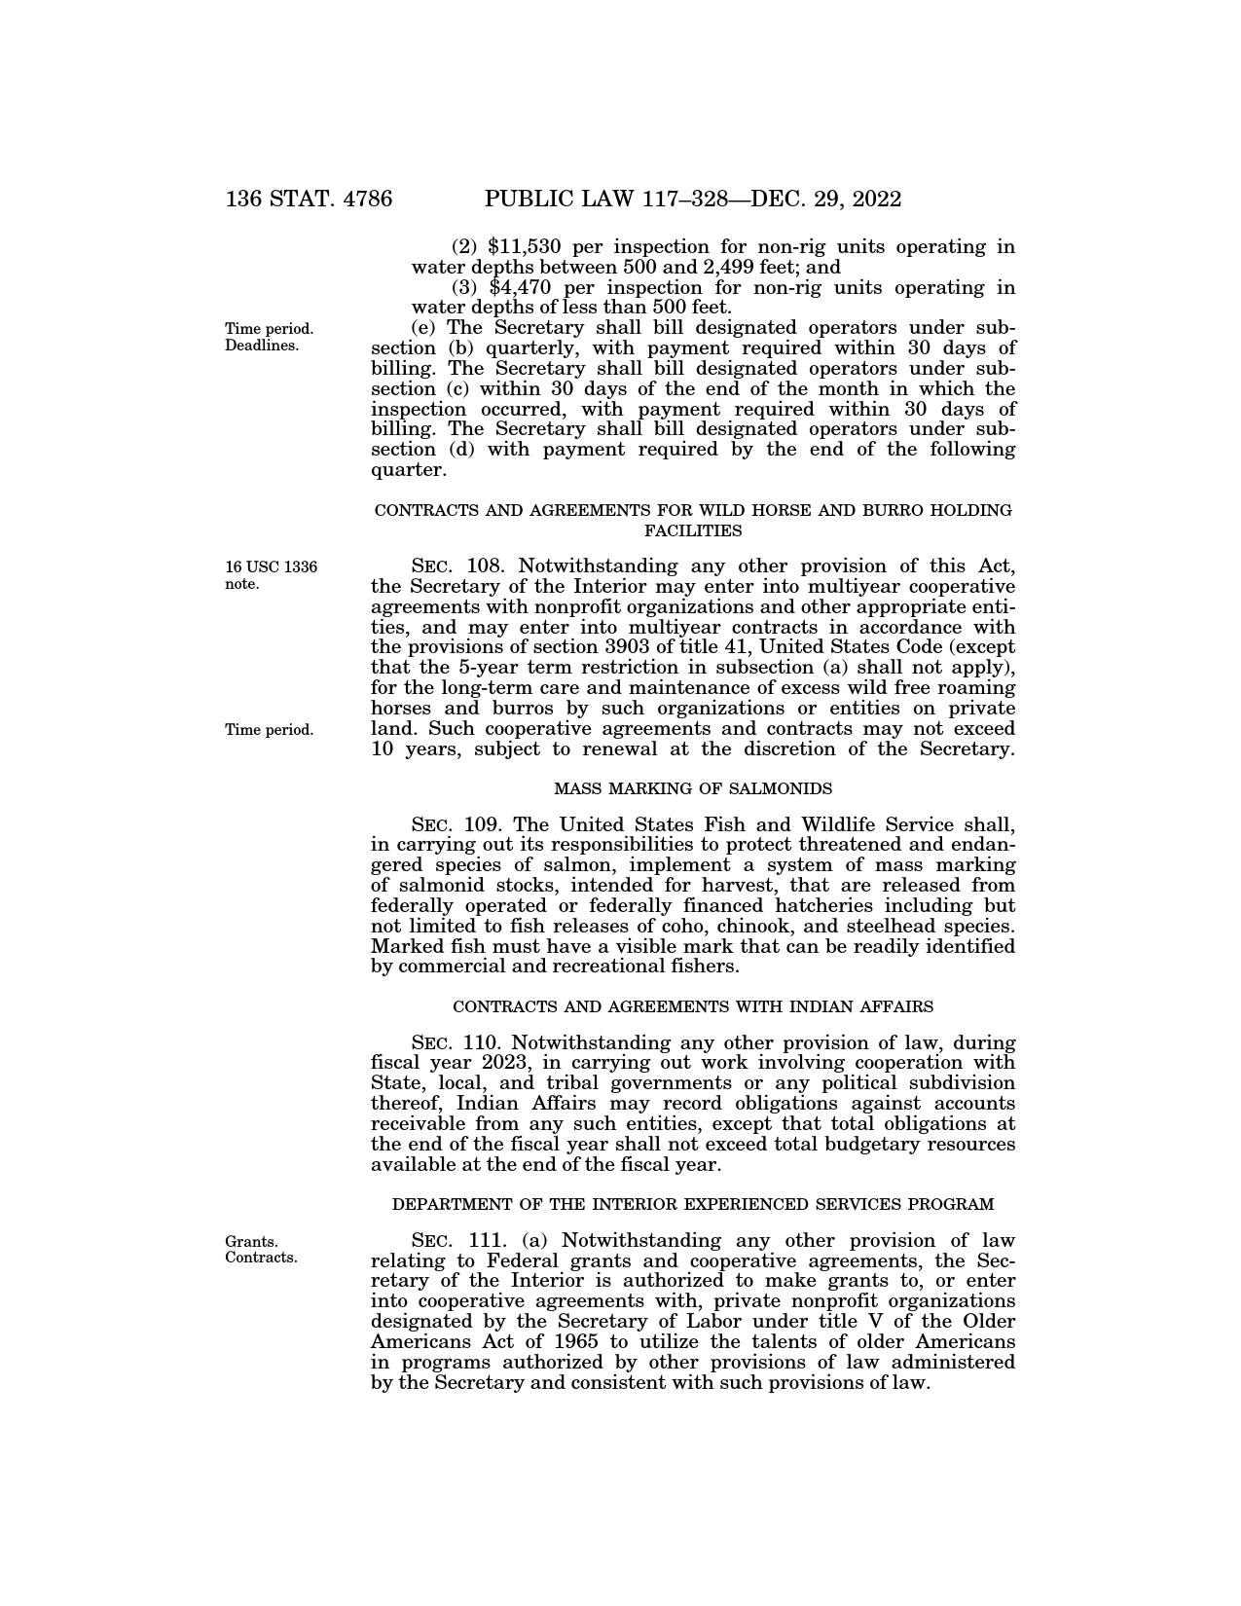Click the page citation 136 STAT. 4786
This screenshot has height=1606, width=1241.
tap(309, 200)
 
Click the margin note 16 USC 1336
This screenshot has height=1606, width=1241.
tap(271, 567)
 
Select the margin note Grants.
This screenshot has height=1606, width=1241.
tap(251, 1241)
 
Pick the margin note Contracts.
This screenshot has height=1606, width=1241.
tap(261, 1257)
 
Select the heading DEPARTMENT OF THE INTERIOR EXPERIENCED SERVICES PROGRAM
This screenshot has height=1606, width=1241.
tap(693, 1205)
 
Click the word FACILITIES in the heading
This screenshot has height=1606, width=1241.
tap(693, 531)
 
